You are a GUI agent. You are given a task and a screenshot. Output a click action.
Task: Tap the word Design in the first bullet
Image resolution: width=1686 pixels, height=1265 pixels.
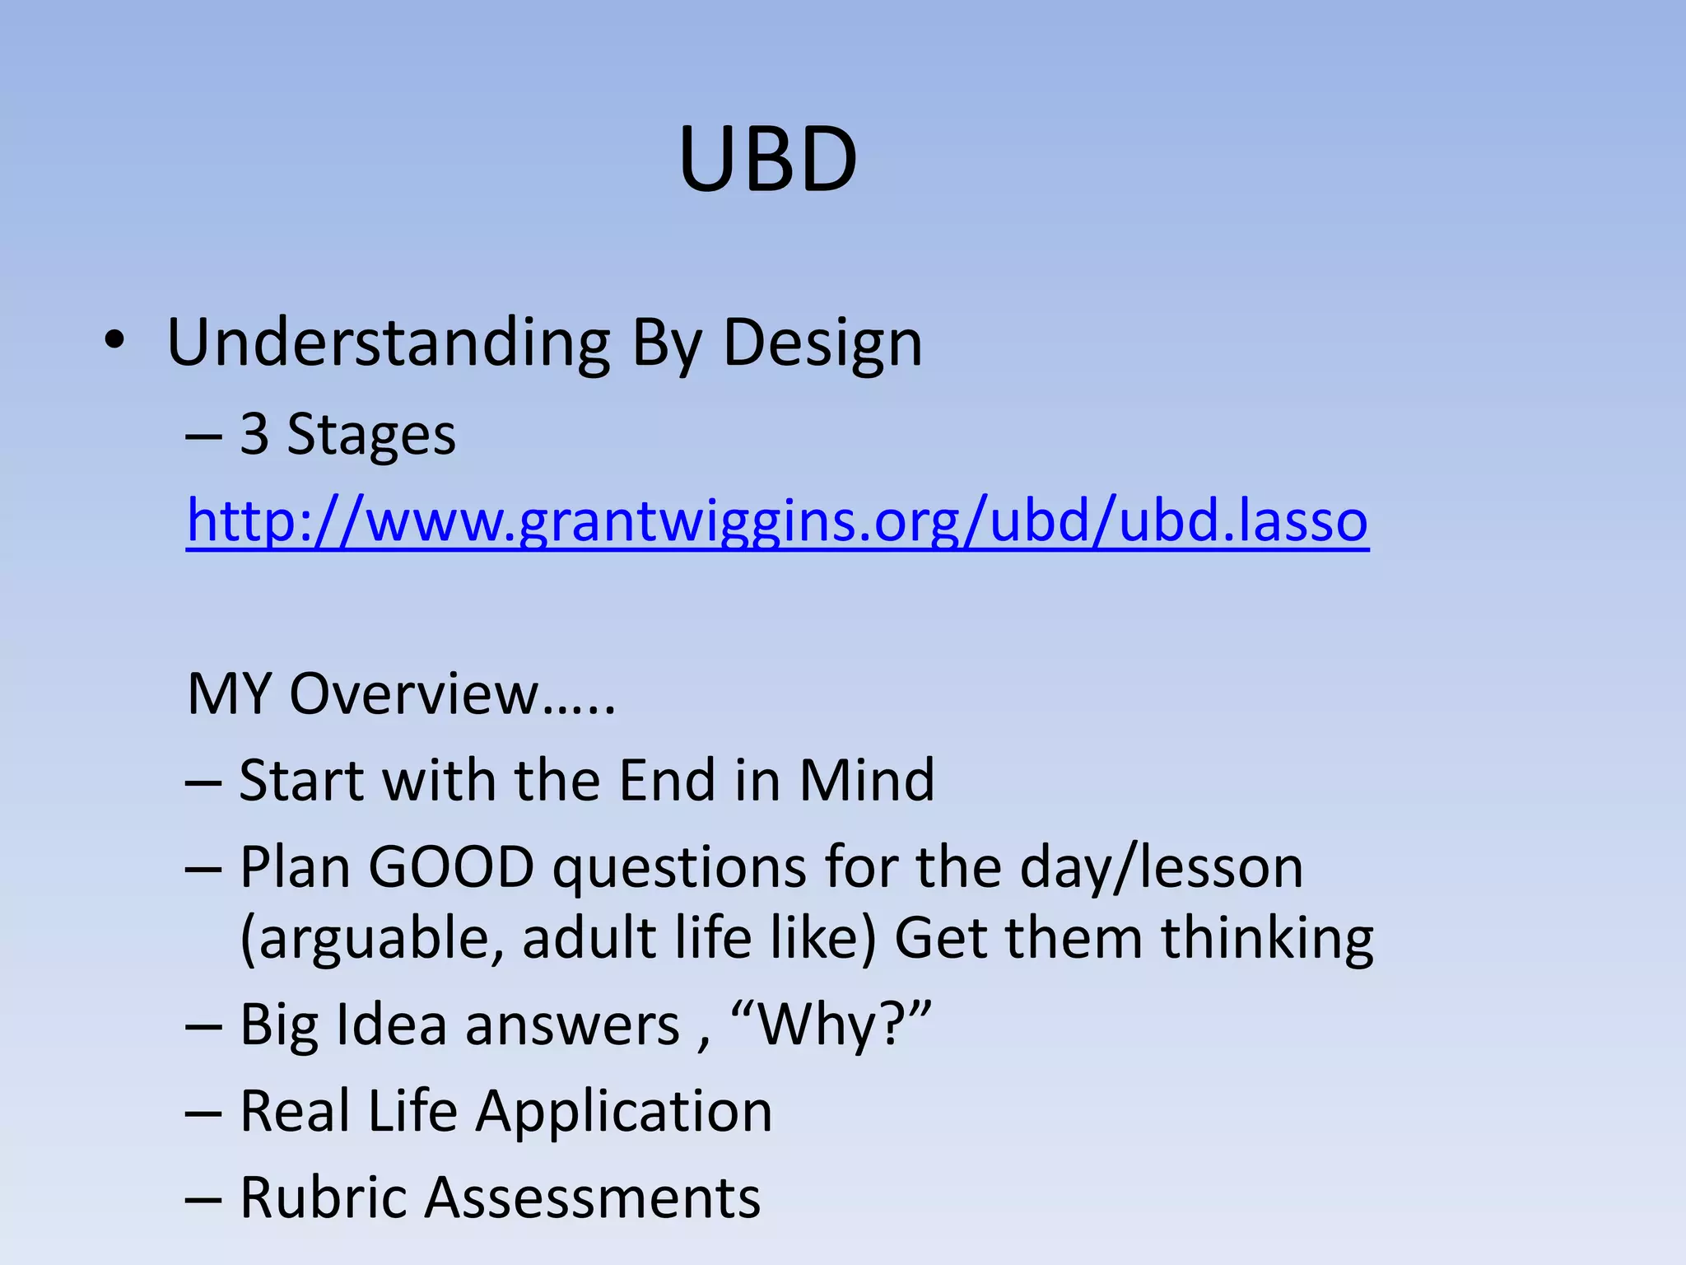point(822,344)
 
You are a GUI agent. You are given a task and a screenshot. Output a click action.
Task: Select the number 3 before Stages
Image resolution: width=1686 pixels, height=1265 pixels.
point(254,434)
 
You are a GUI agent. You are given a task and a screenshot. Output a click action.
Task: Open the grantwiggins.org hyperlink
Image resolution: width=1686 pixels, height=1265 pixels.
point(777,521)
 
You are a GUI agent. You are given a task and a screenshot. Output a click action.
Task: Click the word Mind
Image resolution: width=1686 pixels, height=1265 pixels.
point(867,780)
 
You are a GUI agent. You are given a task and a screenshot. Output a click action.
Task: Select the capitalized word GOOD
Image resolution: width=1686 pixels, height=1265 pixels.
point(451,867)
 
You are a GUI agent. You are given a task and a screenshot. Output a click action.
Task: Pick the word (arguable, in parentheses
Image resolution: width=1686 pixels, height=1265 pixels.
point(371,940)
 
